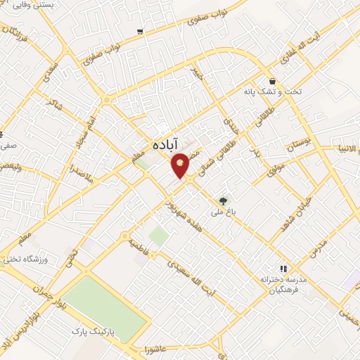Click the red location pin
(x=181, y=165)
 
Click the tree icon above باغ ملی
(x=224, y=200)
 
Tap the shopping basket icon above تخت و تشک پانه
(x=272, y=81)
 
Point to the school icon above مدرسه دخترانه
(x=283, y=269)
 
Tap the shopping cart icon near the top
(x=141, y=31)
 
